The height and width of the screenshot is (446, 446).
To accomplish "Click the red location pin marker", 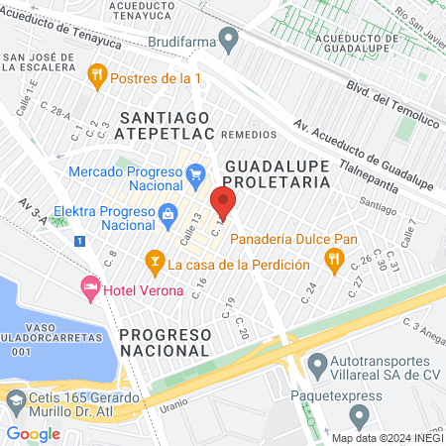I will [223, 202].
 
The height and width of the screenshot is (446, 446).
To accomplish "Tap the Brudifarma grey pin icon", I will [230, 43].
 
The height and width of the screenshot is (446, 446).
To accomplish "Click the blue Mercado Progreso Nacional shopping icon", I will [195, 174].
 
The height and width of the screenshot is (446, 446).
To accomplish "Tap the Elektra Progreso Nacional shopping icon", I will [167, 214].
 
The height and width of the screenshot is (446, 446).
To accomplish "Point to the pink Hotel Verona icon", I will [90, 286].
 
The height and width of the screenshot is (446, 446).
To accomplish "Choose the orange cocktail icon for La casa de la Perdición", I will [154, 263].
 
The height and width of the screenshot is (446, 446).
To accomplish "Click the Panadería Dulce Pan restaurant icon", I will [334, 260].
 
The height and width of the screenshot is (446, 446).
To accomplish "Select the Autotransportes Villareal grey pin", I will [316, 365].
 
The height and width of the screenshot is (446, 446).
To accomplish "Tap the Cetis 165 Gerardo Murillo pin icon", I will [16, 401].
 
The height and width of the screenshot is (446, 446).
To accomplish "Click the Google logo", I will [33, 433].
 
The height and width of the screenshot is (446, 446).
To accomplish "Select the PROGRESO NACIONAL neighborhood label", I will [165, 342].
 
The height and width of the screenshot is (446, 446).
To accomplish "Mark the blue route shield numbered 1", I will [78, 241].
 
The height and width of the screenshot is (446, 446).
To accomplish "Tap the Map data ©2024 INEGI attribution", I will [386, 437].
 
